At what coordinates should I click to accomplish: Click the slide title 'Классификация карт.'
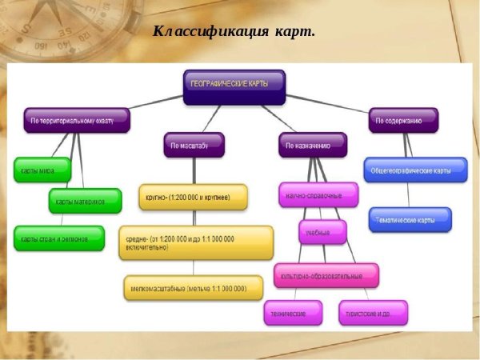click(x=234, y=32)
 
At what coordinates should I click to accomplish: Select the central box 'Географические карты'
click(x=234, y=86)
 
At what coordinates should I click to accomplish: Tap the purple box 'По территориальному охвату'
click(x=76, y=121)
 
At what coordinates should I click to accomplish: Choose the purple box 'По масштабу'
click(x=193, y=145)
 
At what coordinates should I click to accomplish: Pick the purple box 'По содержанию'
click(x=403, y=121)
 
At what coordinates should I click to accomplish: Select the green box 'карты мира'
click(x=42, y=170)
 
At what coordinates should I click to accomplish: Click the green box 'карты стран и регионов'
click(x=58, y=238)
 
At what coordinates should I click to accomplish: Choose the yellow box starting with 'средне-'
click(x=195, y=242)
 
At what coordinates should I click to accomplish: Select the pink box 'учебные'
click(x=323, y=232)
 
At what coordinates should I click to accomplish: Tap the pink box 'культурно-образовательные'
click(x=326, y=275)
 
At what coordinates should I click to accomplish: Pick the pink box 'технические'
click(x=292, y=312)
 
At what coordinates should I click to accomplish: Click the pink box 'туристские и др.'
click(x=372, y=312)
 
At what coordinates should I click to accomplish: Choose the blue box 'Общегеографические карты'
click(x=414, y=170)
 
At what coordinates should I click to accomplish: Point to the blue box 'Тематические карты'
click(x=410, y=219)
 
